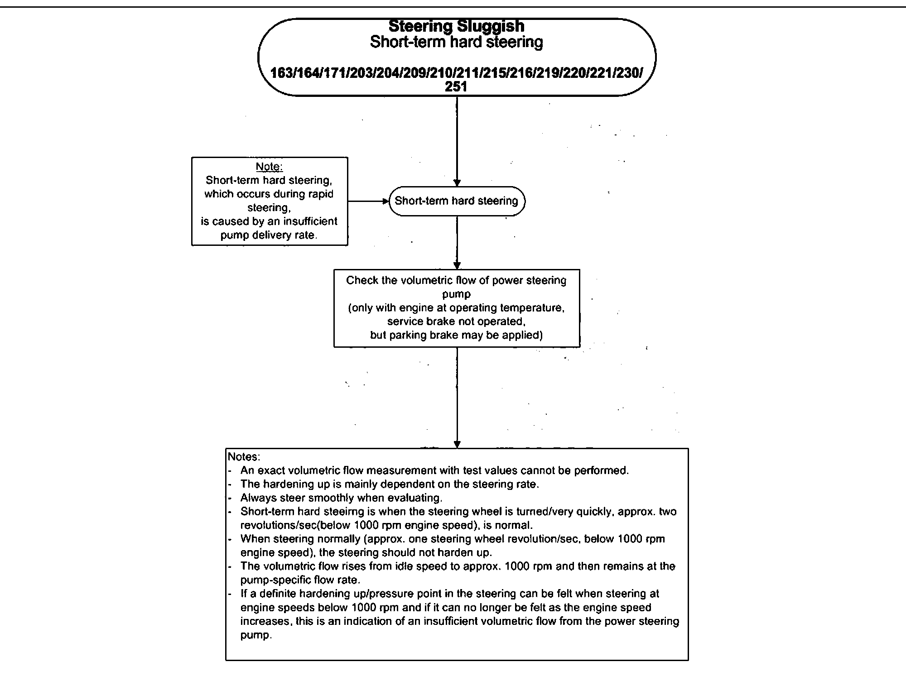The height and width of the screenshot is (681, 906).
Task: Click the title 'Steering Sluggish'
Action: pos(456,26)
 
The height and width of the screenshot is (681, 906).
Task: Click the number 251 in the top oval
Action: pos(456,86)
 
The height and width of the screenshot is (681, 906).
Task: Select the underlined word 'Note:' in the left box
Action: pos(269,167)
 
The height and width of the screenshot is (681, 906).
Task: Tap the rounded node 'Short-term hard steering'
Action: pos(456,201)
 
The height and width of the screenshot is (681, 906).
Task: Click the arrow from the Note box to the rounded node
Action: pos(368,201)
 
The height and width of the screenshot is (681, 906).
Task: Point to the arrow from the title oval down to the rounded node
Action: pos(457,140)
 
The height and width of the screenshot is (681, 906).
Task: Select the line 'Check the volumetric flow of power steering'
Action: pos(456,280)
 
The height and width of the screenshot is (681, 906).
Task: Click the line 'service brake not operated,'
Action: pos(456,321)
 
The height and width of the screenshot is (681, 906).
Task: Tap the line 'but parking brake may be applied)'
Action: pos(456,335)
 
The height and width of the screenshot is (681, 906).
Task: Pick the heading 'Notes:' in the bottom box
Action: pos(244,456)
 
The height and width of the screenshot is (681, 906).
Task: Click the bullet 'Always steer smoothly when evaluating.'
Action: pos(341,498)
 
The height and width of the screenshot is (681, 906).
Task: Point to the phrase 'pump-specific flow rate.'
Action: pos(300,580)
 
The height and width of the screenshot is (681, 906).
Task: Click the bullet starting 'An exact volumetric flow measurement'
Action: pos(434,470)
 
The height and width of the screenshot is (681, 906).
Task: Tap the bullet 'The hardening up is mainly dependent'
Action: pos(390,484)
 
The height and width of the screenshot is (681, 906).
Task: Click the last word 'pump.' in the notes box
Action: pos(256,635)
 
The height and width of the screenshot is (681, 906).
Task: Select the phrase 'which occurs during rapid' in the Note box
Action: pos(269,194)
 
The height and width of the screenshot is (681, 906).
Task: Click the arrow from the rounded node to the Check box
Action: pos(457,243)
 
